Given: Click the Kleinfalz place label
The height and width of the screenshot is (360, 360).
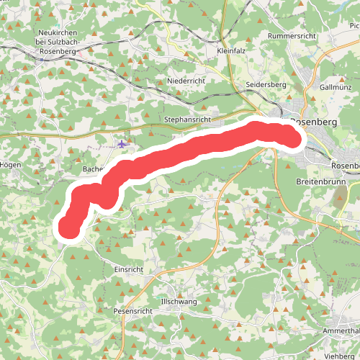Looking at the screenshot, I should (x=231, y=51).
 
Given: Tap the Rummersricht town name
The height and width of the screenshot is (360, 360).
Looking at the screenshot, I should (x=292, y=35).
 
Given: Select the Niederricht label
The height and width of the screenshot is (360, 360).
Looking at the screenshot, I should (x=186, y=81).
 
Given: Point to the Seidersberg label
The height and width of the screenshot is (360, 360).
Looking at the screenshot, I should (x=266, y=85).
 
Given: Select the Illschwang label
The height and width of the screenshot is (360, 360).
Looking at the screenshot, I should (x=179, y=302).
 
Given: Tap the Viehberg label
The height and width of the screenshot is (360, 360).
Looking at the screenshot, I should (x=341, y=356).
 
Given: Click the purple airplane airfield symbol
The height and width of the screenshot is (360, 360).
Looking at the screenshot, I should (x=122, y=144).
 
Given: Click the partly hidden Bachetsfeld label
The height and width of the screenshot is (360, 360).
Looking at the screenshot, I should (x=94, y=169).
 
